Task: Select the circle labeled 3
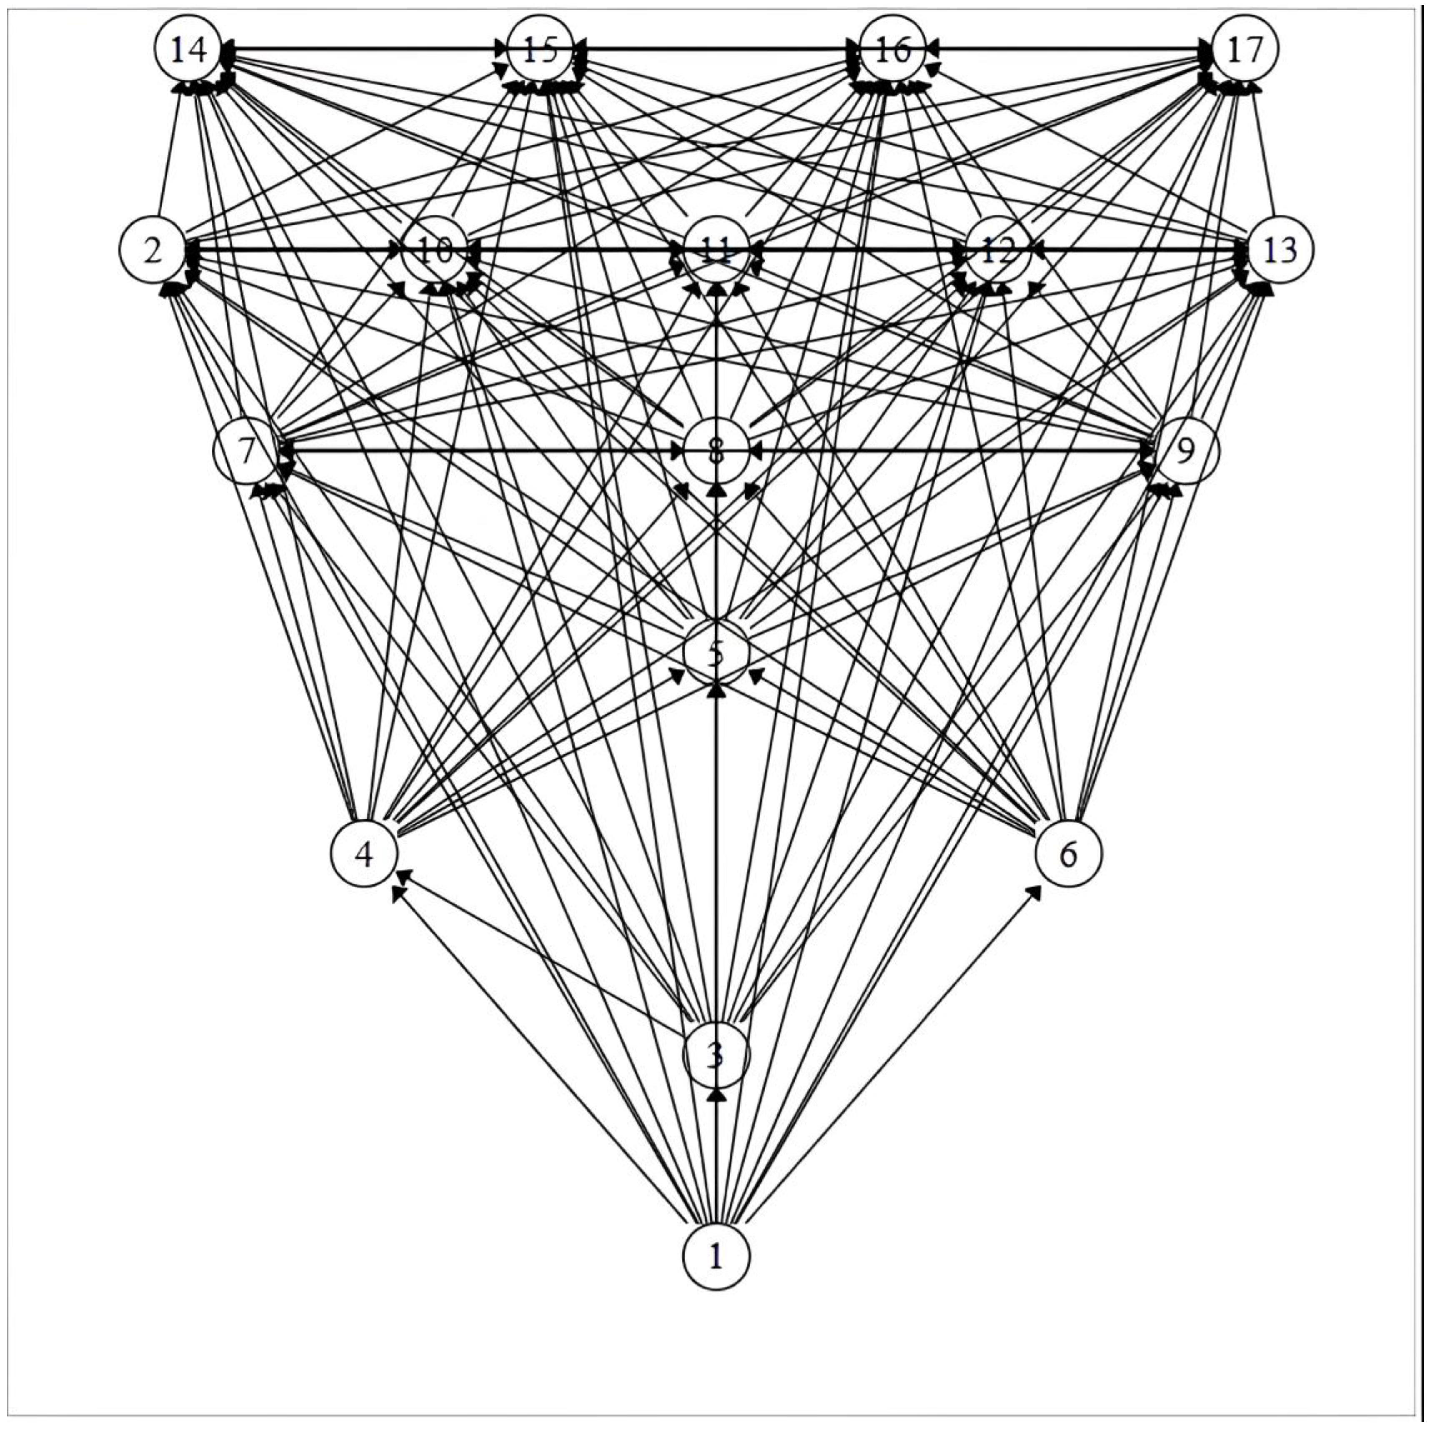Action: click(715, 1055)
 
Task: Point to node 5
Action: click(715, 653)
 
